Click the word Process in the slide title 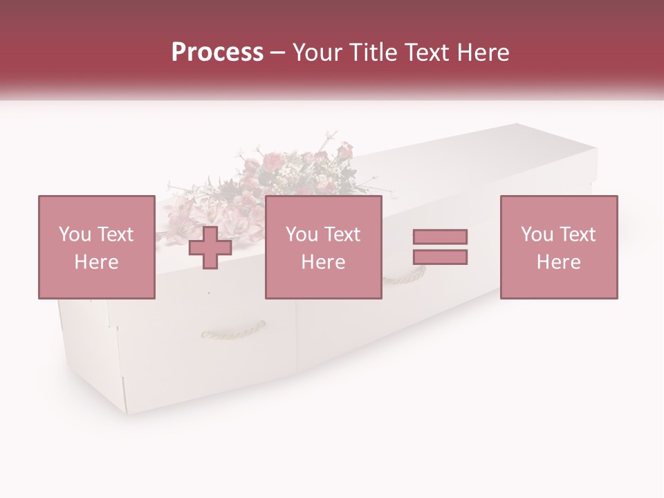point(217,53)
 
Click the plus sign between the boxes point(210,247)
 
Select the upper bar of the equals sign point(440,237)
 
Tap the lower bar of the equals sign point(440,257)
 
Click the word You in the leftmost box point(75,234)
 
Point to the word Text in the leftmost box point(115,234)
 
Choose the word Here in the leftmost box point(96,262)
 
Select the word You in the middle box point(302,234)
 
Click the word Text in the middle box point(342,234)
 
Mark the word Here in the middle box point(323,262)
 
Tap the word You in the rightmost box point(537,234)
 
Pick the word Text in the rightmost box point(577,234)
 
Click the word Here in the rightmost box point(558,262)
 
